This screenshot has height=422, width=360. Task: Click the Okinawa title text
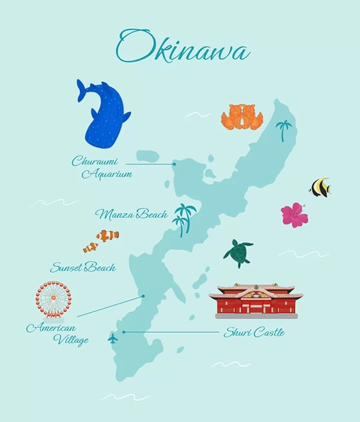point(184,47)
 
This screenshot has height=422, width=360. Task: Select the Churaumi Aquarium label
point(102,167)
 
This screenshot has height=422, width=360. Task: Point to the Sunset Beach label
point(82,267)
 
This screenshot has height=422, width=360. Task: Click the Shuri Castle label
point(254,333)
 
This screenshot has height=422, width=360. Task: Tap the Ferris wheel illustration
point(53,300)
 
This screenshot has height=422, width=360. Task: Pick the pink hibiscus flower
point(294,214)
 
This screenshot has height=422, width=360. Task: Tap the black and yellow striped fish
point(320,187)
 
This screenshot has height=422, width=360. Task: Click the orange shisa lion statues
point(241,116)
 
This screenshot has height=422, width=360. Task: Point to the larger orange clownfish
point(108,235)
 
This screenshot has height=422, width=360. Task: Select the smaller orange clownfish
point(91,247)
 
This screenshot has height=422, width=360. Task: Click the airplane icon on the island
point(113,338)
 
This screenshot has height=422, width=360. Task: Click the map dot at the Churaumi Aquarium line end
point(174,164)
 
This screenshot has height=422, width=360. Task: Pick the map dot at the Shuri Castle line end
point(124,332)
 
